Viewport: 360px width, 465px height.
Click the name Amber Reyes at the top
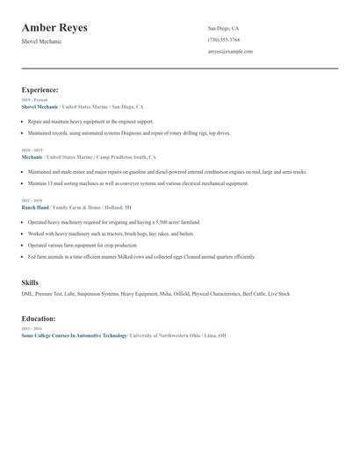click(54, 28)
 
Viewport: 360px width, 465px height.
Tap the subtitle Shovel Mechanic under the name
click(42, 42)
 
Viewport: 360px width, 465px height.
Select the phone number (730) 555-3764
click(223, 39)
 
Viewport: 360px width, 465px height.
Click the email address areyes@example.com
click(230, 51)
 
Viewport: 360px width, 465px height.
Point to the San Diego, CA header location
click(223, 28)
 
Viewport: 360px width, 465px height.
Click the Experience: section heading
click(40, 89)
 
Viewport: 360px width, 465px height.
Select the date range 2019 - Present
click(33, 100)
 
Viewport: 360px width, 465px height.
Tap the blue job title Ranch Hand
click(35, 207)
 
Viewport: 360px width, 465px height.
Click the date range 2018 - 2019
click(31, 150)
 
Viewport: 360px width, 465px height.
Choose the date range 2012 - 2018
click(31, 201)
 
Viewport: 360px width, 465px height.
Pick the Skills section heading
click(30, 283)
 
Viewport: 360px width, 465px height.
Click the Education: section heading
click(39, 318)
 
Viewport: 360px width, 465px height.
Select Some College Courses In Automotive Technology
click(74, 335)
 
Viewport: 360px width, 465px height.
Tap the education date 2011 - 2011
click(31, 329)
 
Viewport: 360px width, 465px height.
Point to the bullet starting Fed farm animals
click(140, 257)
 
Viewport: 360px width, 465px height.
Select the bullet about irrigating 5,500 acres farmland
click(114, 223)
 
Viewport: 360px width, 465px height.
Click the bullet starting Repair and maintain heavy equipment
click(90, 121)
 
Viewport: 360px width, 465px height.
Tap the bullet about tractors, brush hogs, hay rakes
click(111, 234)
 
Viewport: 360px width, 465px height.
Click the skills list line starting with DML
click(155, 294)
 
